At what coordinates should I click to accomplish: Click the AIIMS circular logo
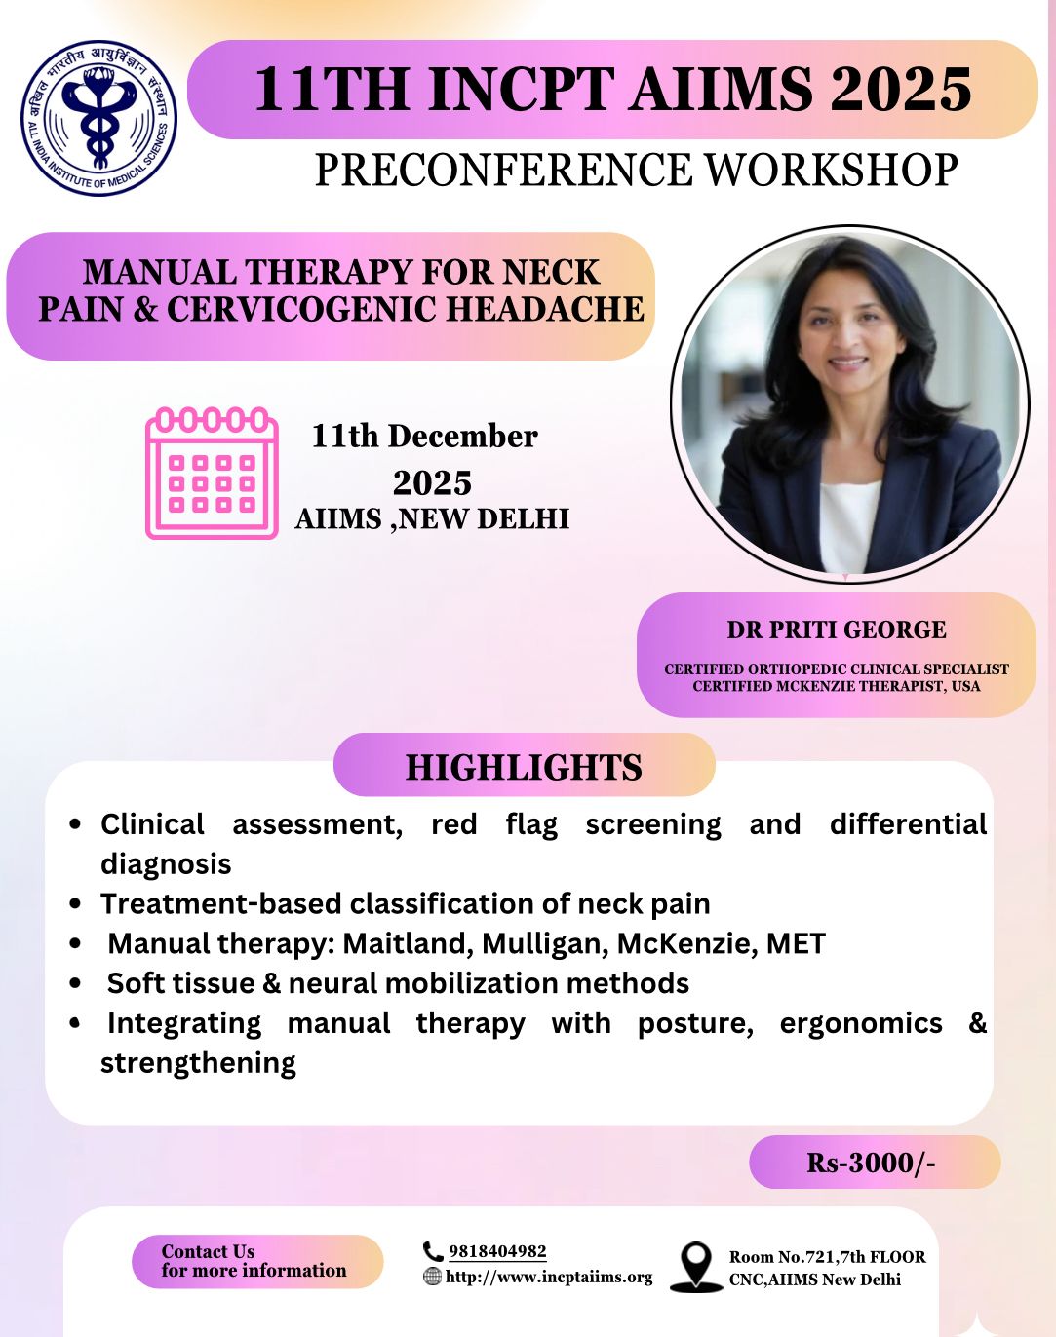pyautogui.click(x=98, y=117)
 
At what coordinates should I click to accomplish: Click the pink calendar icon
pyautogui.click(x=213, y=473)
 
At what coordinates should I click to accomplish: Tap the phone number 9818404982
pyautogui.click(x=497, y=1251)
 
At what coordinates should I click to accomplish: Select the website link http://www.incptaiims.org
pyautogui.click(x=549, y=1277)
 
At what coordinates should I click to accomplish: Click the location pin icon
pyautogui.click(x=695, y=1266)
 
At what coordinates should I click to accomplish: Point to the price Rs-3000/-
pyautogui.click(x=871, y=1163)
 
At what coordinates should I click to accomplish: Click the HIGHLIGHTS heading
pyautogui.click(x=524, y=767)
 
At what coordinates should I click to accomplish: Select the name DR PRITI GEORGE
pyautogui.click(x=836, y=630)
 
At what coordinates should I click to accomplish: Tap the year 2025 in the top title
pyautogui.click(x=901, y=90)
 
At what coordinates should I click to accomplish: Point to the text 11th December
pyautogui.click(x=424, y=436)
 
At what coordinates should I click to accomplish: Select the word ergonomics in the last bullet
pyautogui.click(x=861, y=1023)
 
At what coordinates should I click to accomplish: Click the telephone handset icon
pyautogui.click(x=433, y=1251)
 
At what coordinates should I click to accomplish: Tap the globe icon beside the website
pyautogui.click(x=432, y=1277)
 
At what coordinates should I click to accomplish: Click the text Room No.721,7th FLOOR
pyautogui.click(x=827, y=1257)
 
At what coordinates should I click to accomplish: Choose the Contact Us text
pyautogui.click(x=208, y=1251)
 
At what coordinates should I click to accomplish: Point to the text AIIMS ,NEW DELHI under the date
pyautogui.click(x=432, y=518)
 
